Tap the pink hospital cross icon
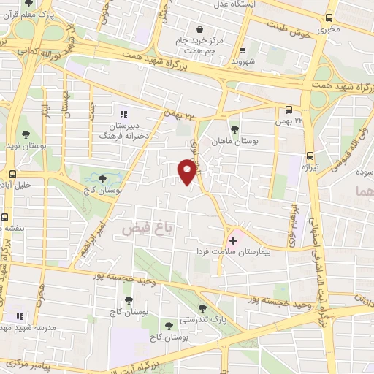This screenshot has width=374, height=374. pyautogui.click(x=234, y=240)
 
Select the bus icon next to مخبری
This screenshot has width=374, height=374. pyautogui.click(x=329, y=18)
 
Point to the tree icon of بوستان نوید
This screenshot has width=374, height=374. pyautogui.click(x=27, y=134)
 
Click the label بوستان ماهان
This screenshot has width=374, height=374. pyautogui.click(x=233, y=140)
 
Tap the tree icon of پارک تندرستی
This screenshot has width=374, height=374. pyautogui.click(x=202, y=308)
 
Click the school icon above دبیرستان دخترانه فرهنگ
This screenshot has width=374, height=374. pyautogui.click(x=123, y=114)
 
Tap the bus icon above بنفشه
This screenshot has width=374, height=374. pyautogui.click(x=6, y=217)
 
